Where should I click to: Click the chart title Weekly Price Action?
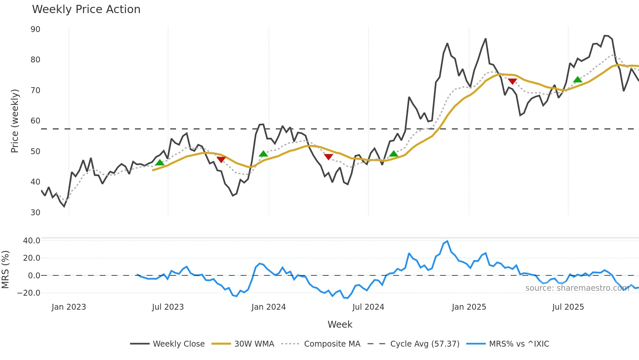[86, 9]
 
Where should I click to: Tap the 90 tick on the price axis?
[36, 29]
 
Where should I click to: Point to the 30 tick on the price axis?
[36, 213]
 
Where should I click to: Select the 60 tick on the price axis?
[36, 121]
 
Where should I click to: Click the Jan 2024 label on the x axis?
[268, 307]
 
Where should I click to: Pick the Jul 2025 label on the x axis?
[568, 307]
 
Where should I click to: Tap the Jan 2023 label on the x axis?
[69, 307]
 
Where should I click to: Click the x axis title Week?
[340, 324]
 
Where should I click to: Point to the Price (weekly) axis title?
[15, 121]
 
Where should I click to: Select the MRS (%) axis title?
[5, 270]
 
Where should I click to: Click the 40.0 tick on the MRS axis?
[32, 241]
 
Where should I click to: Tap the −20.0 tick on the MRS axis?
[29, 293]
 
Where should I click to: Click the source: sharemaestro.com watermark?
[577, 288]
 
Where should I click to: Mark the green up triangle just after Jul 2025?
[577, 80]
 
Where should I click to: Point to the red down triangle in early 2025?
[512, 81]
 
